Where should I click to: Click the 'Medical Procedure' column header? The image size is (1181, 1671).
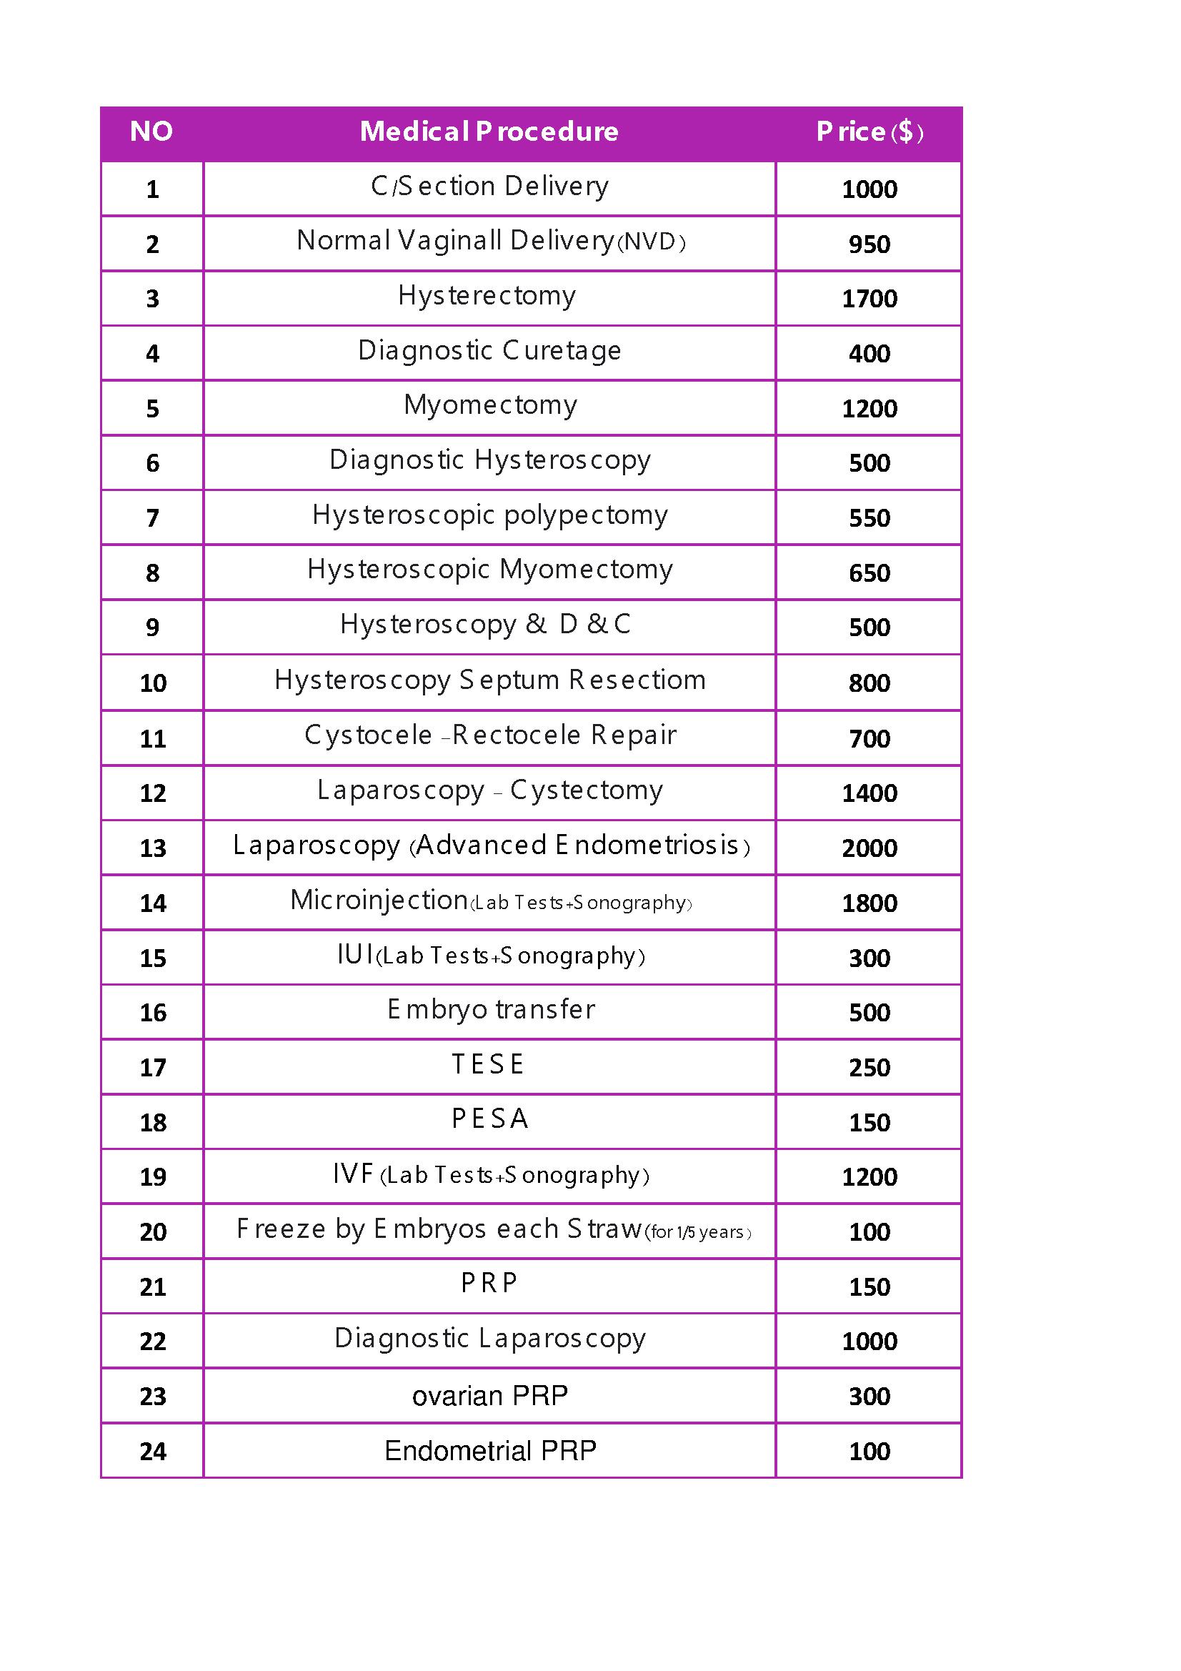coord(489,132)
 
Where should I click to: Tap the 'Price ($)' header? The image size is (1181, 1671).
coord(869,132)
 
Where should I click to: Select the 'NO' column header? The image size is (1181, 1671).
coord(151,132)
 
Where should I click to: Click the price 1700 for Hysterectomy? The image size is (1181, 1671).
coord(869,299)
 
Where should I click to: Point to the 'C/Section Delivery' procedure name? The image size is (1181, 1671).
coord(489,187)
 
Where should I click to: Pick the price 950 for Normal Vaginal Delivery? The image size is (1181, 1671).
coord(869,244)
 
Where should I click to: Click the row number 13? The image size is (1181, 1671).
coord(153,848)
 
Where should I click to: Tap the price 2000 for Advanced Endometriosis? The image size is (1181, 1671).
coord(869,848)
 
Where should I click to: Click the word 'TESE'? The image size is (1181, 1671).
coord(487,1064)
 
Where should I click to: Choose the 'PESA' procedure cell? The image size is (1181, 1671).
coord(489,1119)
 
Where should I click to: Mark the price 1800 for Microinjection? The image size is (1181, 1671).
coord(869,903)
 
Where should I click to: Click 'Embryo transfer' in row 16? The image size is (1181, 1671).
coord(491,1009)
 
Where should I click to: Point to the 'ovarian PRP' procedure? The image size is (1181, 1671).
coord(489,1396)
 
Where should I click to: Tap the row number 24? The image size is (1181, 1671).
coord(153,1451)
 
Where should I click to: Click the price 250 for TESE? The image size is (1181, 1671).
coord(869,1068)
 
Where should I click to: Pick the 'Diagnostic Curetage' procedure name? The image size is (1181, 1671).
coord(489,350)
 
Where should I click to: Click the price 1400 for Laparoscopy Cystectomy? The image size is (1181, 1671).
coord(869,793)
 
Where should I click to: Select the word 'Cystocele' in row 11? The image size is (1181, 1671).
coord(368,735)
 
